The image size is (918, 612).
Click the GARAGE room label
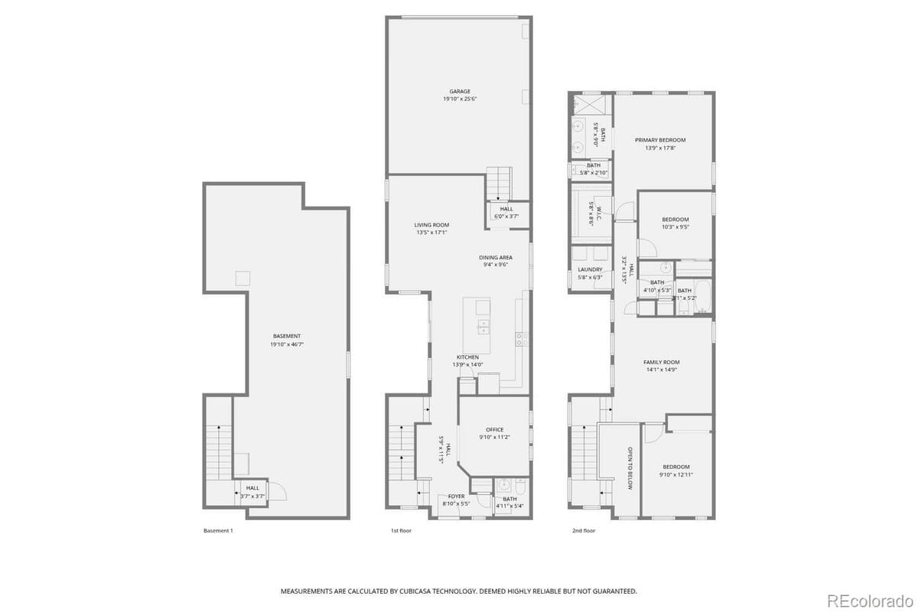pyautogui.click(x=460, y=91)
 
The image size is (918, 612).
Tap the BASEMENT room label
pyautogui.click(x=287, y=336)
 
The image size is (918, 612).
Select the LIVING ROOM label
pyautogui.click(x=431, y=225)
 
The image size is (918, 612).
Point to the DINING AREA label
pyautogui.click(x=496, y=257)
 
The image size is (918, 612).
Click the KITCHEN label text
pyautogui.click(x=467, y=357)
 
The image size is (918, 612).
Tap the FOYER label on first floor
pyautogui.click(x=455, y=496)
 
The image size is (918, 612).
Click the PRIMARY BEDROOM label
pyautogui.click(x=660, y=140)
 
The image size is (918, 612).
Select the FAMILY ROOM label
pyautogui.click(x=661, y=362)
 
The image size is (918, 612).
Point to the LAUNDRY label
pyautogui.click(x=590, y=269)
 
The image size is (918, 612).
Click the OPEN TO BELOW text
pyautogui.click(x=630, y=467)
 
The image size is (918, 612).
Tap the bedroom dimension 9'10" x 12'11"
pyautogui.click(x=675, y=475)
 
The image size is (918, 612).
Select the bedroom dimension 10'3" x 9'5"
pyautogui.click(x=675, y=227)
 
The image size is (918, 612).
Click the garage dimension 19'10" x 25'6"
pyautogui.click(x=460, y=99)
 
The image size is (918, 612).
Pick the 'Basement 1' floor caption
pyautogui.click(x=218, y=530)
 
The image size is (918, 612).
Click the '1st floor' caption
pyautogui.click(x=401, y=530)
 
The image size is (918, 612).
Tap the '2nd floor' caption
pyautogui.click(x=583, y=530)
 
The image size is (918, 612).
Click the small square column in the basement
pyautogui.click(x=242, y=278)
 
